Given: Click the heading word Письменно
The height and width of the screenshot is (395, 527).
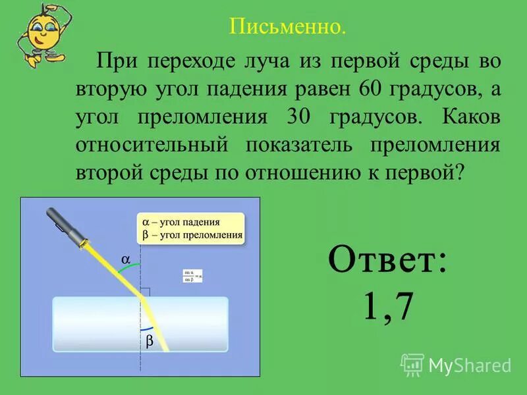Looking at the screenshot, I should tap(287, 28).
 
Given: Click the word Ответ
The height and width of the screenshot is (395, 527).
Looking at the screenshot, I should tap(387, 261).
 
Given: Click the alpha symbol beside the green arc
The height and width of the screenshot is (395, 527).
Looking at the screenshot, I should tap(125, 259).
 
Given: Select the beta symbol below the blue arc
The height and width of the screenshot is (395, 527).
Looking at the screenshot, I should tap(149, 341).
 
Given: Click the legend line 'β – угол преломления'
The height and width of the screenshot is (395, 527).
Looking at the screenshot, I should tap(192, 234).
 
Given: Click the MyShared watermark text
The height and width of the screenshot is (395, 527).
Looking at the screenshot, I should tap(470, 364).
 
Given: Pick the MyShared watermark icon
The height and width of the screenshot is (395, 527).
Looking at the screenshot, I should tap(412, 363).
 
